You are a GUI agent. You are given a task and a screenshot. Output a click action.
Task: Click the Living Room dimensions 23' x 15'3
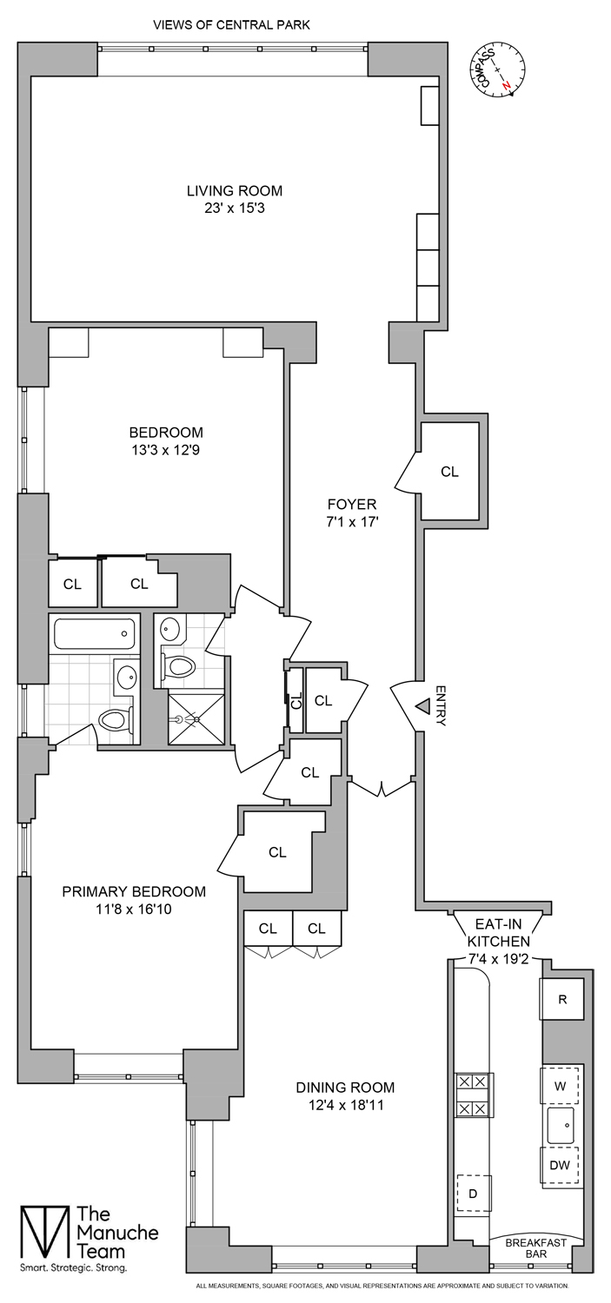(235, 208)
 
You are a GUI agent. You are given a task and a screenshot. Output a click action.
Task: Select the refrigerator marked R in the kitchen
(562, 999)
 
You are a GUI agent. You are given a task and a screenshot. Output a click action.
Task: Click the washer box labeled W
(561, 1086)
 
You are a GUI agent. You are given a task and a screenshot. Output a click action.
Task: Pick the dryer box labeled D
(474, 1194)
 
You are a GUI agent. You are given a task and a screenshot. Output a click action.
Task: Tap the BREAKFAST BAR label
(535, 1248)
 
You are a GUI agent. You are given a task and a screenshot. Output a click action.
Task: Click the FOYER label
(351, 504)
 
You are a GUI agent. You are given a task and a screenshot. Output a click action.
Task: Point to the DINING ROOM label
(345, 1087)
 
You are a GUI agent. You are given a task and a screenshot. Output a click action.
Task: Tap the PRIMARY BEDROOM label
(134, 891)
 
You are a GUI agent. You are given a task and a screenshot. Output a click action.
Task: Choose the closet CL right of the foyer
(449, 472)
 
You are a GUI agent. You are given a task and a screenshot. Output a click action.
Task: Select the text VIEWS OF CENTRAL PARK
(231, 25)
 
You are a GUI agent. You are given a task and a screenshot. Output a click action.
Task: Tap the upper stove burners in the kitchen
(473, 1082)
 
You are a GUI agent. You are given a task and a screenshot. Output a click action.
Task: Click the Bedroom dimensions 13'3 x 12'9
(166, 450)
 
